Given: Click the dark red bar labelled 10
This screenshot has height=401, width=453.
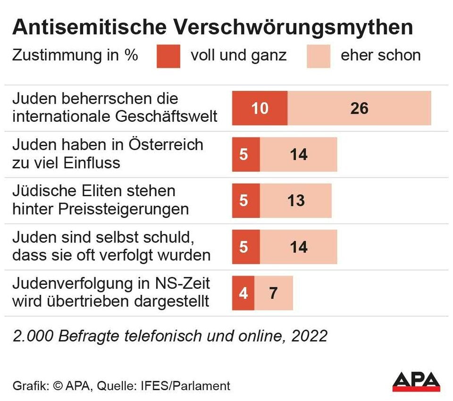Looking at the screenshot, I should [x=260, y=108].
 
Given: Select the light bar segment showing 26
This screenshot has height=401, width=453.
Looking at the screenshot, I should [x=359, y=108].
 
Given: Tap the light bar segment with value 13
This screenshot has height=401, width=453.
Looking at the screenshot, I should [x=296, y=200].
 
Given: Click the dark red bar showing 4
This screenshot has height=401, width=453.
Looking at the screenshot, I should [x=243, y=293].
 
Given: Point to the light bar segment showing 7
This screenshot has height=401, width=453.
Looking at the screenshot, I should [x=274, y=293].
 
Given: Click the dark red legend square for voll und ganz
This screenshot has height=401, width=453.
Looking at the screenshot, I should [x=168, y=56].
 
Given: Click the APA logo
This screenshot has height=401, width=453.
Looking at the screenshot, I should [x=416, y=381].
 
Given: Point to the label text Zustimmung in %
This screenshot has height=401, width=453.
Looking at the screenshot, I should [x=75, y=55].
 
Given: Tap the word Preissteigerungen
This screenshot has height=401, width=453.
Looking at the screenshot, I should [x=124, y=209].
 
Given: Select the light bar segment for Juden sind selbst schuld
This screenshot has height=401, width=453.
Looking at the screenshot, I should [x=299, y=247].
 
